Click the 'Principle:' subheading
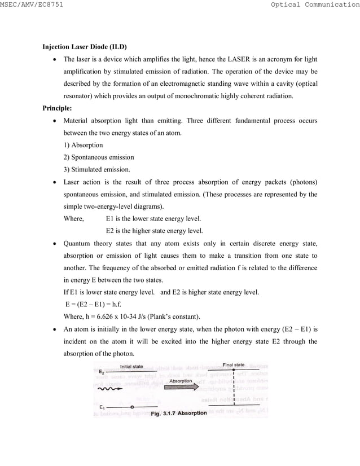pyautogui.click(x=58, y=108)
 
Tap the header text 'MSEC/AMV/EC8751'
pyautogui.click(x=32, y=5)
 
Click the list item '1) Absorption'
pyautogui.click(x=83, y=145)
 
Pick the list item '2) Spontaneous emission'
pyautogui.click(x=99, y=157)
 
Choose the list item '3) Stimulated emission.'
pyautogui.click(x=96, y=170)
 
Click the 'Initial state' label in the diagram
pyautogui.click(x=131, y=367)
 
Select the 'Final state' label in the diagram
pyautogui.click(x=233, y=364)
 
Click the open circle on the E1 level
pyautogui.click(x=132, y=407)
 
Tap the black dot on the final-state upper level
pyautogui.click(x=233, y=370)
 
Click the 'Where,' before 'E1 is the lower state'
pyautogui.click(x=74, y=218)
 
